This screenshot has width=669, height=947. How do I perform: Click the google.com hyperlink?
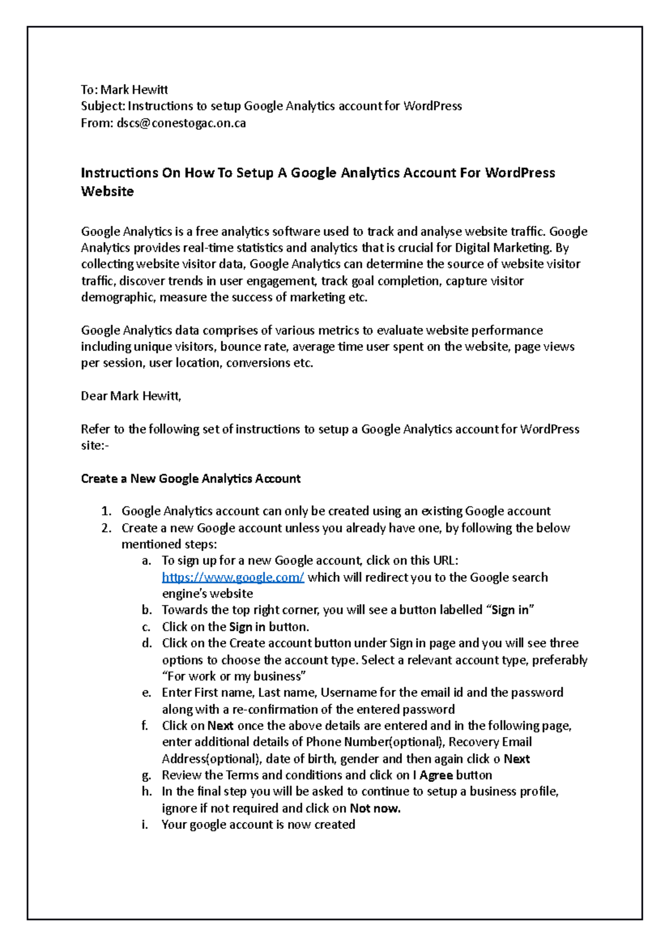(x=232, y=577)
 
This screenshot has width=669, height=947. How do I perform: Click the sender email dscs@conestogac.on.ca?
(x=181, y=123)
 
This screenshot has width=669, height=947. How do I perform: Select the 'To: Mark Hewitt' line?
(x=124, y=90)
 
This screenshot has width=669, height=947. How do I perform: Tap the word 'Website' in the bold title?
(x=108, y=191)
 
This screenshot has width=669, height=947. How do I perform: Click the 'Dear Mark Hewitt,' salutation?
(x=131, y=396)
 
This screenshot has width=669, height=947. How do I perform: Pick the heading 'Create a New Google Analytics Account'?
(x=191, y=479)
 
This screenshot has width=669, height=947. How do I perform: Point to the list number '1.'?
(x=106, y=511)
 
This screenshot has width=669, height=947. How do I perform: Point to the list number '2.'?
(x=106, y=528)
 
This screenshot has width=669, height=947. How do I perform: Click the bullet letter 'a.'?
(x=147, y=561)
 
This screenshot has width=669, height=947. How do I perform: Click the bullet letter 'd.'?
(x=147, y=643)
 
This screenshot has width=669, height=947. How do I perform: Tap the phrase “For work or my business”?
(x=234, y=676)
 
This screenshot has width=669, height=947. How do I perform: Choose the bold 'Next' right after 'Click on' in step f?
(x=220, y=726)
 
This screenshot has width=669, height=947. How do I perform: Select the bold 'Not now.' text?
(x=375, y=808)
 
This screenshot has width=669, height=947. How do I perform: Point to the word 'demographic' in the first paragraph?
(x=118, y=297)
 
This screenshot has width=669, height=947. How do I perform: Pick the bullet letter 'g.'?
(x=147, y=775)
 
